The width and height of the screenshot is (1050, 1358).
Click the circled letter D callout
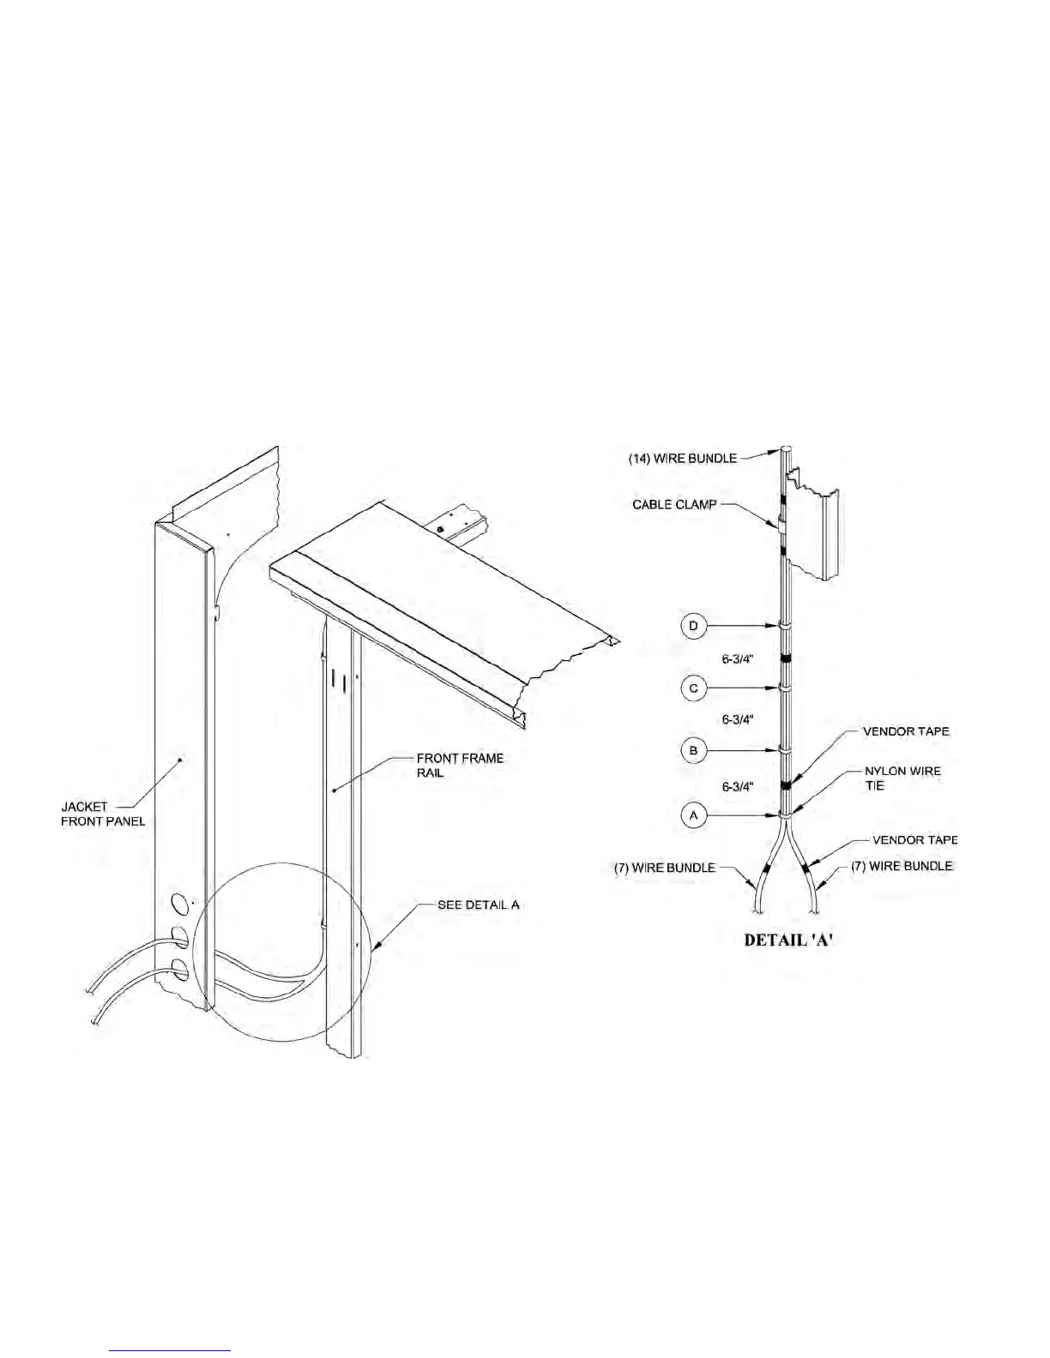point(694,626)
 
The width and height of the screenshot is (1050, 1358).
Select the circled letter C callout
point(694,688)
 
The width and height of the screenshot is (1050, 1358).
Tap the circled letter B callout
point(694,750)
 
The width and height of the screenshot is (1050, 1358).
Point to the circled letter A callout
point(694,814)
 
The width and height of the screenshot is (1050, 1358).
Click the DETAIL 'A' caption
point(789,940)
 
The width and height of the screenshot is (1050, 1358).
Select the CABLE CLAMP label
point(674,504)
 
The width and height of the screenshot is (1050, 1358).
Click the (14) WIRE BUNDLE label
point(683,459)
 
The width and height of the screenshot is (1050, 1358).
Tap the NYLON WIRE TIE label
point(902,778)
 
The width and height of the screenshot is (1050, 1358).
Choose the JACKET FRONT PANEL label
point(103,814)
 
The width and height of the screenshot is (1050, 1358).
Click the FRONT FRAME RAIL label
point(460,766)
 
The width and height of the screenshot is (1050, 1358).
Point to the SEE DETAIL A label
point(479,904)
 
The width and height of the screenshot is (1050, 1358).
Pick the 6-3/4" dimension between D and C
point(738,658)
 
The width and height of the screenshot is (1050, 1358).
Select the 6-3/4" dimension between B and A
point(738,786)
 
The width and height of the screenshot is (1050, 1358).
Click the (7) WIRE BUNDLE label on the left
point(664,868)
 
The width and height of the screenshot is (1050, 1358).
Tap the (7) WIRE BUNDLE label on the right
point(902,866)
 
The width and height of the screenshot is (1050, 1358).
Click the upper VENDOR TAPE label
point(906,731)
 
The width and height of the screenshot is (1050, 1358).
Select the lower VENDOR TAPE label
point(914,840)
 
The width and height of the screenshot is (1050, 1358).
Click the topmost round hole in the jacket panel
point(180,904)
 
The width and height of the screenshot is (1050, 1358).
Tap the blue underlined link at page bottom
point(171,1350)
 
